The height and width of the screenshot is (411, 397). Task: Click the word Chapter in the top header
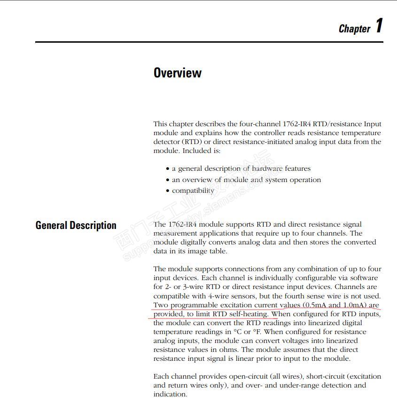click(x=354, y=29)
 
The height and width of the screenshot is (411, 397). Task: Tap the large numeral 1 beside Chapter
click(x=379, y=26)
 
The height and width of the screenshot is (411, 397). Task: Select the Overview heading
click(x=177, y=73)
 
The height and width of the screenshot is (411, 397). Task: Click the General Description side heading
click(x=76, y=226)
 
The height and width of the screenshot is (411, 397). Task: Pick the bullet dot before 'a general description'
click(x=167, y=169)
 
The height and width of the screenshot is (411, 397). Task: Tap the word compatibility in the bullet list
click(x=193, y=191)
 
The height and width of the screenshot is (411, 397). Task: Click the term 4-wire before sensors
click(x=217, y=297)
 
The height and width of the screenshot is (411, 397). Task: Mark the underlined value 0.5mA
click(x=314, y=305)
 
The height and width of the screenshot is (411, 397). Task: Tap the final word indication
click(x=170, y=395)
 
